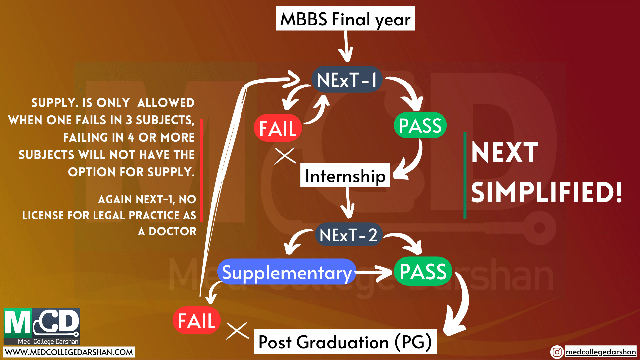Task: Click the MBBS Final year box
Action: [x=345, y=18]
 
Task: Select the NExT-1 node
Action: [x=347, y=79]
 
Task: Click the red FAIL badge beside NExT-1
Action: [x=278, y=128]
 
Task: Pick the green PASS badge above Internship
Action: [x=420, y=125]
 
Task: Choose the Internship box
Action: [x=345, y=175]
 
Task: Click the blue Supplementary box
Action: [x=287, y=272]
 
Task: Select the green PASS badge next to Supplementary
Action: [x=423, y=271]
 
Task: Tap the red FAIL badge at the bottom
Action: [x=197, y=320]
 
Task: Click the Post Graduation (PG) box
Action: [x=345, y=342]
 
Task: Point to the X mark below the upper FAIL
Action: [x=285, y=156]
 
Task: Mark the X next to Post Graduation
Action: [x=237, y=331]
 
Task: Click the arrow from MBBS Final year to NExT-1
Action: [x=346, y=47]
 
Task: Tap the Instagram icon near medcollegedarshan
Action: [x=557, y=352]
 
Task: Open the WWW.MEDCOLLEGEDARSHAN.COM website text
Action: [x=69, y=352]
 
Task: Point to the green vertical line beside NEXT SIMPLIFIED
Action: [x=465, y=175]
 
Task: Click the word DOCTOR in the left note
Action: [x=173, y=231]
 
